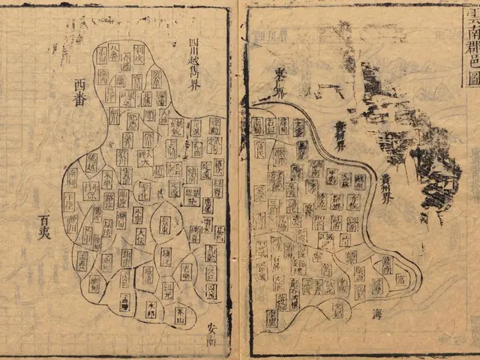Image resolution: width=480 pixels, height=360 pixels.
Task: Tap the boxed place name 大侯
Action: (140, 238)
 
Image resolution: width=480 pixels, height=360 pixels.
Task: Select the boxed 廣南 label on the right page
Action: (387, 264)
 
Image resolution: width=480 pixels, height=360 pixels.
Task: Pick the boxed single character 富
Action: (400, 279)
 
